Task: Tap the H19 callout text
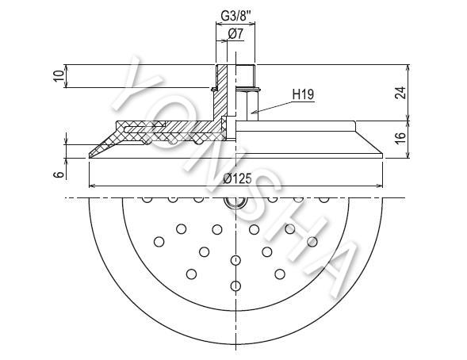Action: point(303,94)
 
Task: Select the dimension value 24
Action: point(400,93)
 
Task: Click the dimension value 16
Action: point(401,137)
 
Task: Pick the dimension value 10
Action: point(60,76)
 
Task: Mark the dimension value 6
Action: point(60,174)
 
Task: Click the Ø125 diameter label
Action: point(238,178)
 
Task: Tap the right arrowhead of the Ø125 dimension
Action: point(380,186)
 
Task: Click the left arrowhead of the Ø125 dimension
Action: point(92,186)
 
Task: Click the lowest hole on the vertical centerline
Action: point(235,285)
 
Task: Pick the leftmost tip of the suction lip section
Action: point(90,156)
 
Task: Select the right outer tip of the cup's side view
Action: point(382,155)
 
